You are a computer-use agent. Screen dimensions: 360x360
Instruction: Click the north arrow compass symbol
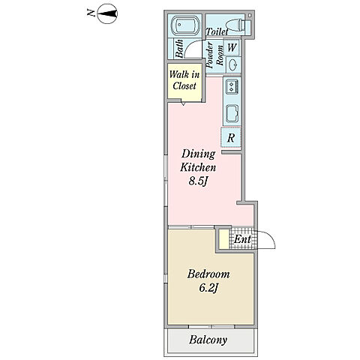click(x=107, y=14)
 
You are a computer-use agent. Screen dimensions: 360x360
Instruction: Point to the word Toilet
click(x=217, y=31)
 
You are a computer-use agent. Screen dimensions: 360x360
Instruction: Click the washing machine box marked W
click(x=232, y=47)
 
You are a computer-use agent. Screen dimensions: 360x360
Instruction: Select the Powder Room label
click(x=214, y=55)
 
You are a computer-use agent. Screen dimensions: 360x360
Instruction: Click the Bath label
click(x=179, y=49)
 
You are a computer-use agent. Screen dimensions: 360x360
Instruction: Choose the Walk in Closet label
click(x=184, y=80)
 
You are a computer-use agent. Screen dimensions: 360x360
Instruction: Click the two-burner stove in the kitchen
click(x=232, y=86)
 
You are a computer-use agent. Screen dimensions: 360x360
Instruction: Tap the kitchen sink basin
click(x=232, y=113)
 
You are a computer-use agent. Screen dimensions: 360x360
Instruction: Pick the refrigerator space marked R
click(x=231, y=137)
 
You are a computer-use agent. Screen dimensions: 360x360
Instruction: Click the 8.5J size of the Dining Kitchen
click(x=198, y=181)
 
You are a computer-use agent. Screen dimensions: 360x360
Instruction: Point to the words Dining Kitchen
click(x=198, y=160)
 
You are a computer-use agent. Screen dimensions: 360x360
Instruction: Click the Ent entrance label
click(x=242, y=239)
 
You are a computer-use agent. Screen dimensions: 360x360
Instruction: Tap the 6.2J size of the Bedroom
click(x=209, y=289)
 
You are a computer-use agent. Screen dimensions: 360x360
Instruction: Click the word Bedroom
click(x=208, y=274)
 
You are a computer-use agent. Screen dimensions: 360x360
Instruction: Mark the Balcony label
click(x=208, y=340)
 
